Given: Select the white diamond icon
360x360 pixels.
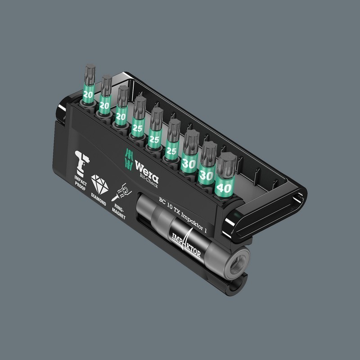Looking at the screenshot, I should click(x=99, y=184).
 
